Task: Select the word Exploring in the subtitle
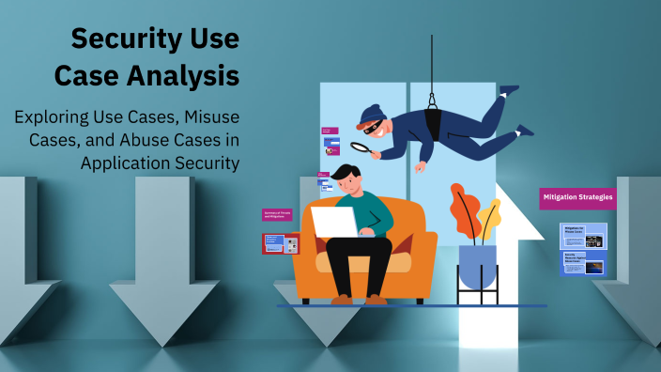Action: (55, 118)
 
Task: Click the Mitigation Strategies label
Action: (577, 198)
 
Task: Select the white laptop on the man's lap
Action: (332, 223)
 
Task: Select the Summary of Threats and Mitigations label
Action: (279, 214)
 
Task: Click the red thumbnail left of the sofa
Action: (279, 244)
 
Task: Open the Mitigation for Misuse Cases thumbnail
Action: (584, 235)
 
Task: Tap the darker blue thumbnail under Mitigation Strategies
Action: (584, 263)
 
